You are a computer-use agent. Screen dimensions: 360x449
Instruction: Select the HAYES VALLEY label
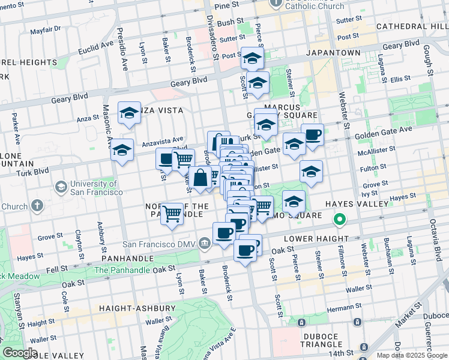[x=357, y=204]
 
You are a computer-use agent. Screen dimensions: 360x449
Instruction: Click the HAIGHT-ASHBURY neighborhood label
[x=137, y=308]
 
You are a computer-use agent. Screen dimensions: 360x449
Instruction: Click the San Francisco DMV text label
[x=159, y=244]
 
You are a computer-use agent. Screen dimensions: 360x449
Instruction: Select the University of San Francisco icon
[x=61, y=188]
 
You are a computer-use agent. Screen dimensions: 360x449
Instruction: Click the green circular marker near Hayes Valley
[x=340, y=220]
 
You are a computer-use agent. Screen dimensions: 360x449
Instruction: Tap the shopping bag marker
[x=200, y=178]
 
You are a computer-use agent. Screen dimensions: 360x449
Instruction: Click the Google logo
[x=20, y=353]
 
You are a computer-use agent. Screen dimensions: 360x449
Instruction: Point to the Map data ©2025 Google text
[x=411, y=355]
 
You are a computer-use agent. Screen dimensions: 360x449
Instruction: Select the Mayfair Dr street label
[x=46, y=29]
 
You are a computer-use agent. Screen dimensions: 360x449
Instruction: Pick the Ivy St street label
[x=370, y=193]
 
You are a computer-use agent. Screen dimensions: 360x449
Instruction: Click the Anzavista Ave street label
[x=162, y=141]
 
